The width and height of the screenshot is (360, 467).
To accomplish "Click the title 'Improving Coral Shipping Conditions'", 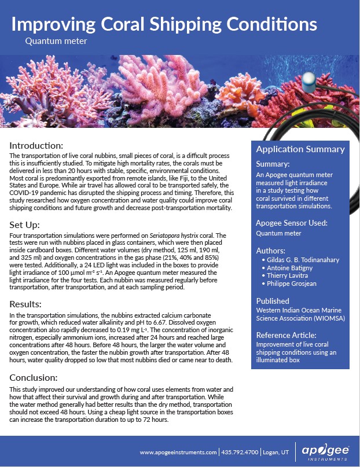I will click(164, 24).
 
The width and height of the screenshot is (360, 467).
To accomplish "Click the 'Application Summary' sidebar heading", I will click(300, 149).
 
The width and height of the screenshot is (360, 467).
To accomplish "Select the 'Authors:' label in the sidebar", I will click(271, 251).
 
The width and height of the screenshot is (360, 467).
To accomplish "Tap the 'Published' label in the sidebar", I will click(273, 301).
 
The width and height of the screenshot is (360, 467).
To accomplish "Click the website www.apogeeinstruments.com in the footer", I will click(178, 452).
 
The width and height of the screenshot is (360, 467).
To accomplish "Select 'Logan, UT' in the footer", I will click(275, 452).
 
